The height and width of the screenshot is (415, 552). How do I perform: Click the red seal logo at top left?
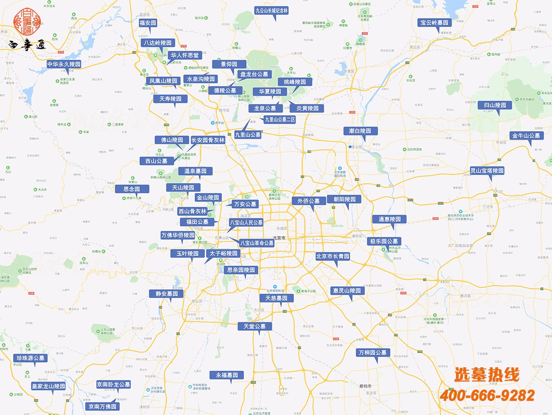(x=27, y=21)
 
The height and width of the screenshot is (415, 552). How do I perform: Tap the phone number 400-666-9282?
(x=487, y=395)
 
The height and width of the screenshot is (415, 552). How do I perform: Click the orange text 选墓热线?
(x=487, y=375)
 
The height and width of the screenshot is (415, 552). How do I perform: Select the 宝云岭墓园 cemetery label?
(x=434, y=23)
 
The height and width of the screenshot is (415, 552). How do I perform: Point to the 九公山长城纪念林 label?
(x=271, y=11)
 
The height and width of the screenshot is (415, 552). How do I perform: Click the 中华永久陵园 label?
(x=64, y=64)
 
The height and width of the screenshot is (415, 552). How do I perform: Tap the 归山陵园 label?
(x=495, y=105)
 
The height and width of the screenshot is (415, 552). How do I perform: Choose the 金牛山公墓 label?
(x=526, y=135)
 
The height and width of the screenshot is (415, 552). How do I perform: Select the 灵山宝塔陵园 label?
(x=487, y=171)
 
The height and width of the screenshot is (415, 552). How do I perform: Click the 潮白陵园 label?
(x=360, y=131)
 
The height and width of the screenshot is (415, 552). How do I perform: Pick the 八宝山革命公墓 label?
(x=256, y=243)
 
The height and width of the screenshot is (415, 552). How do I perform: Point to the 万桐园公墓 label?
(x=373, y=353)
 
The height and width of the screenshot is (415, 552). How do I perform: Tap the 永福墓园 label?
(x=227, y=375)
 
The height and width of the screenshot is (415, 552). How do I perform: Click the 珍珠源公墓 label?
(x=30, y=358)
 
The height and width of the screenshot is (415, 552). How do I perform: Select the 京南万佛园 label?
(x=102, y=406)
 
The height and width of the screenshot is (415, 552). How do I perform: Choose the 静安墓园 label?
(x=167, y=294)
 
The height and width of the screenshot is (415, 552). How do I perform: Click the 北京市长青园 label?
(x=333, y=256)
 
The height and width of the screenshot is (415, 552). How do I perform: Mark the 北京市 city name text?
(x=279, y=238)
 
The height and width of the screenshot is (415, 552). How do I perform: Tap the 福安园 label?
(x=148, y=23)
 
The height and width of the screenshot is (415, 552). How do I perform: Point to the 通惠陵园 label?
(x=389, y=219)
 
